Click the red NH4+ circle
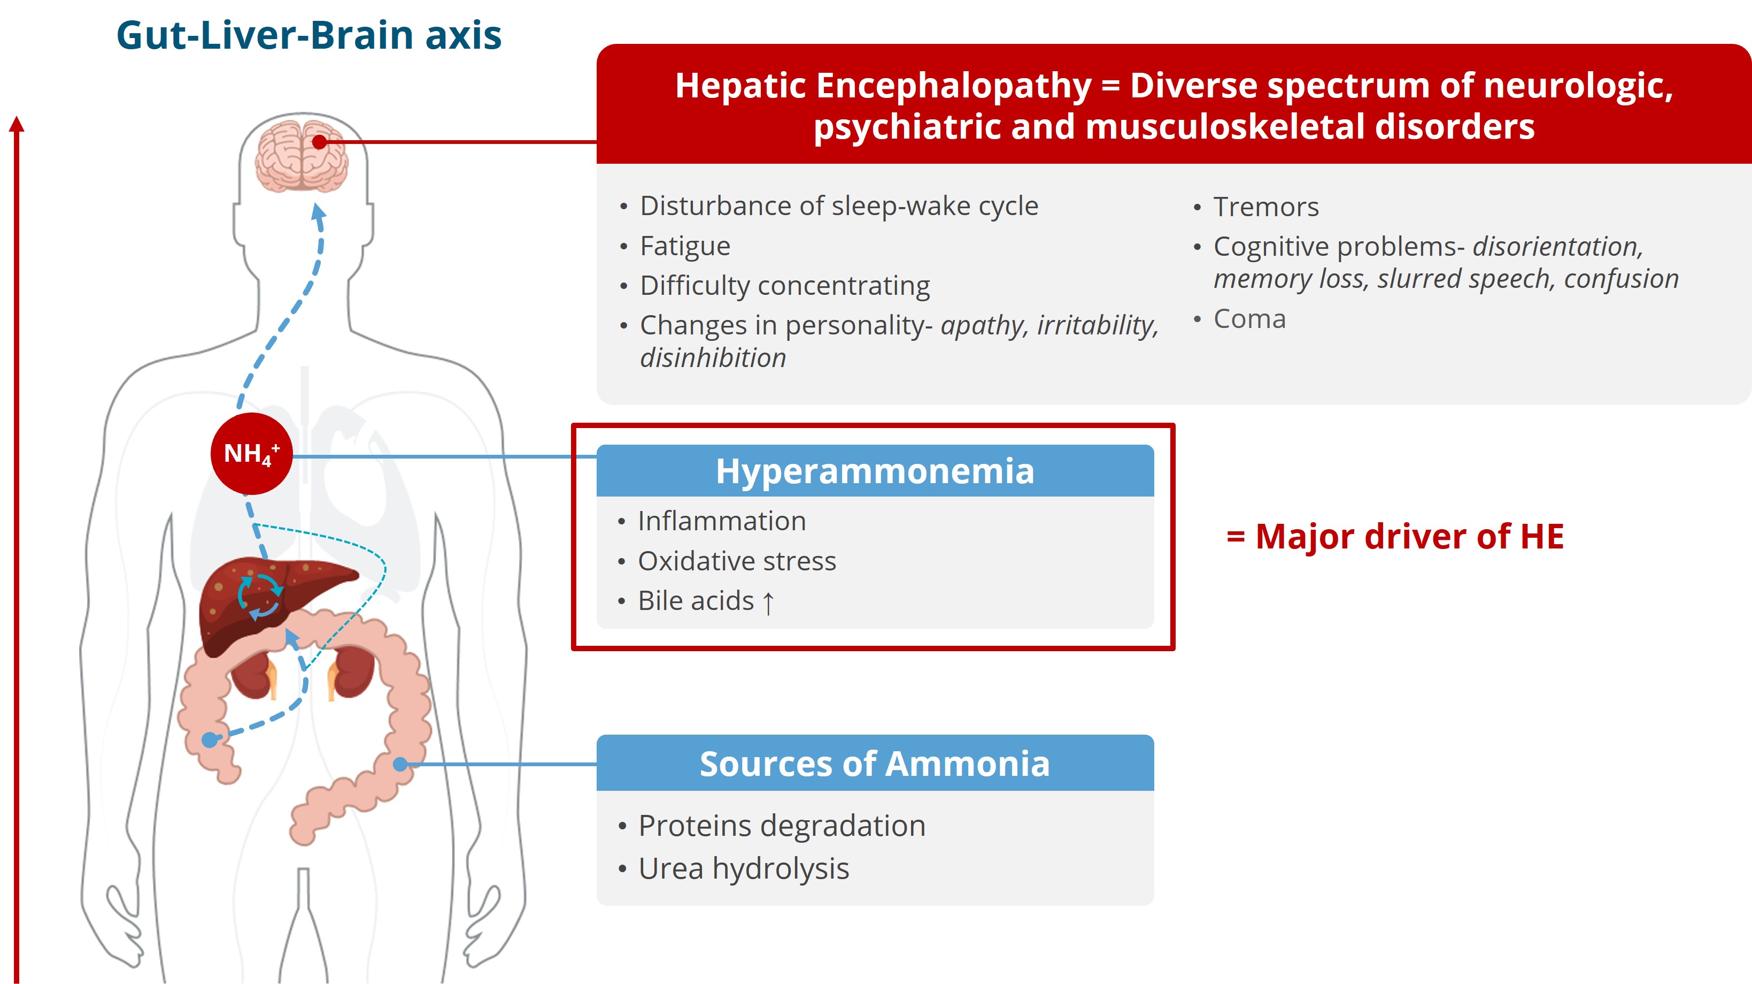click(x=252, y=453)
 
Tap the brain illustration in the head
click(x=302, y=156)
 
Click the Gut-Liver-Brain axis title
click(x=309, y=35)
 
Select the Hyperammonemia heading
click(x=875, y=470)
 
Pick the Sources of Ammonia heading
click(x=875, y=764)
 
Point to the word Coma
click(x=1249, y=319)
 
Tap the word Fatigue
click(x=685, y=246)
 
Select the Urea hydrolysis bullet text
click(x=743, y=868)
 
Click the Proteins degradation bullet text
click(x=782, y=826)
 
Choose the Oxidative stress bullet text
click(x=737, y=561)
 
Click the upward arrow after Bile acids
click(x=768, y=602)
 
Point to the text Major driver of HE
click(x=1409, y=536)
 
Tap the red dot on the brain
click(x=320, y=142)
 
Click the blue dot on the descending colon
click(x=400, y=764)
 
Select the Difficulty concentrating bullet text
click(x=785, y=286)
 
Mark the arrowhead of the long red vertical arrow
click(x=17, y=124)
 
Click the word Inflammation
click(x=722, y=521)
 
